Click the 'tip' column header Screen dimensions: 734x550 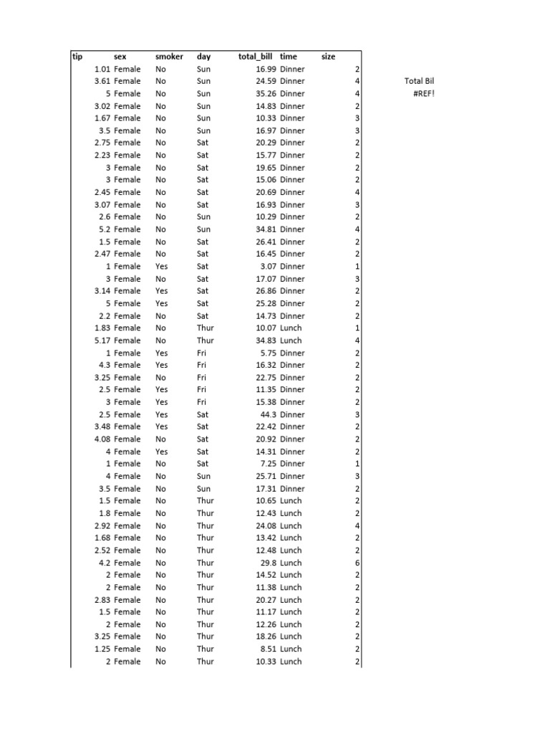(77, 56)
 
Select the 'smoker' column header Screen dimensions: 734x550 (169, 56)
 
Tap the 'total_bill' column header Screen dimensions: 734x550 (255, 56)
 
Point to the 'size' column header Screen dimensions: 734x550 (328, 56)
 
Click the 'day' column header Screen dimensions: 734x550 (203, 56)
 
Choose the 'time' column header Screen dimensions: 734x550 (289, 56)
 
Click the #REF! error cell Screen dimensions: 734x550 (424, 94)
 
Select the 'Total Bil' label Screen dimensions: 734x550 (420, 81)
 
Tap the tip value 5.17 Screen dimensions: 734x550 (102, 340)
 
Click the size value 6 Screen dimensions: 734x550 (357, 563)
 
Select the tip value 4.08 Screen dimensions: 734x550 (102, 439)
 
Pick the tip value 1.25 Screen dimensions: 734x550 (102, 649)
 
